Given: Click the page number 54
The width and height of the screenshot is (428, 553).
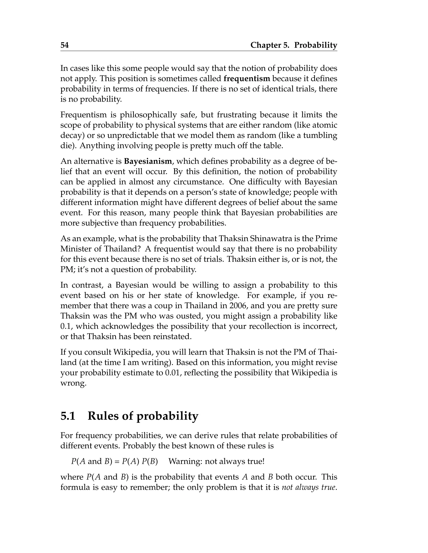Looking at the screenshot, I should pyautogui.click(x=64, y=45).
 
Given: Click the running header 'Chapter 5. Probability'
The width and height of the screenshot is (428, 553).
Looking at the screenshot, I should pyautogui.click(x=294, y=45).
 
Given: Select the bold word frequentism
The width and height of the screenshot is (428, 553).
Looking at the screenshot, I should pyautogui.click(x=247, y=79).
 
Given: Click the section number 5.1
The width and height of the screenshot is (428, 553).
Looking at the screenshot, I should pyautogui.click(x=68, y=416).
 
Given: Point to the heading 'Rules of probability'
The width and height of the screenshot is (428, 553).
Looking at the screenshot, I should pyautogui.click(x=143, y=416).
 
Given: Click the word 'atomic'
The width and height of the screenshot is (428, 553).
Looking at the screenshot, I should pyautogui.click(x=325, y=125).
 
